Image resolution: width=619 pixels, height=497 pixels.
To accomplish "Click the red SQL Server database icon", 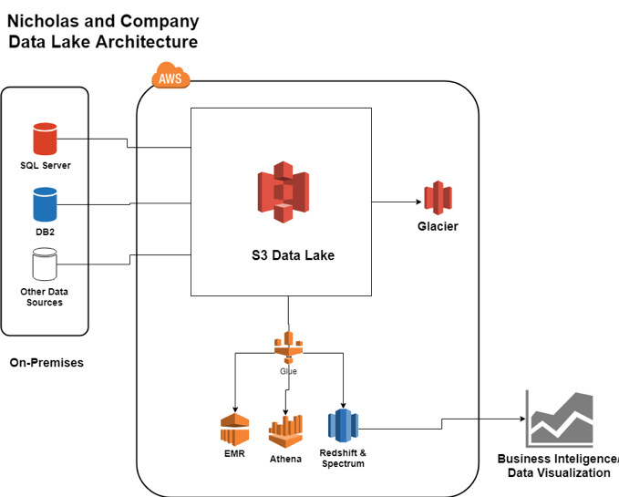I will coord(45,140).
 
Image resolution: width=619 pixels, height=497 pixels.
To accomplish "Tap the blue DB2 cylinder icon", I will coord(45,204).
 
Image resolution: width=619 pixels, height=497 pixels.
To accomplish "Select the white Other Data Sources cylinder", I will coord(45,264).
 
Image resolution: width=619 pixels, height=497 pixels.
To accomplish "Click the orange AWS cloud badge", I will coord(170,77).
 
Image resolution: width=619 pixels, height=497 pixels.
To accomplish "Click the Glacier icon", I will coord(438,198).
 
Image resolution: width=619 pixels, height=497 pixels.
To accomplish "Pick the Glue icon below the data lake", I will coord(288,348).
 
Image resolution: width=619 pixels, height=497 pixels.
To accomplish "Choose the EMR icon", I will coord(234,430).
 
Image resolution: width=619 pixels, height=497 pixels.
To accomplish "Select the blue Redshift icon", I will coord(343,426).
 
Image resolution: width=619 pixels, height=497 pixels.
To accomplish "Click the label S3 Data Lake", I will coord(293,256).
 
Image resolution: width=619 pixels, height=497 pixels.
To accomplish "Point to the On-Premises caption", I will coord(46,363).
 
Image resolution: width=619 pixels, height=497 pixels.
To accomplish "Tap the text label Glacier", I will coord(438,226).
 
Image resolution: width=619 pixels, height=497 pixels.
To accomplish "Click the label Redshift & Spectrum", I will coord(343,458).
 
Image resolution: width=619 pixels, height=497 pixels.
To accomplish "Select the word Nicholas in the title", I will coord(42,21).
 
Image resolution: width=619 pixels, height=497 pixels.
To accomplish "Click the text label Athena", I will coord(285,459).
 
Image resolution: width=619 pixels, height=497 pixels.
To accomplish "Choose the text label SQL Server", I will coord(46,166).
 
